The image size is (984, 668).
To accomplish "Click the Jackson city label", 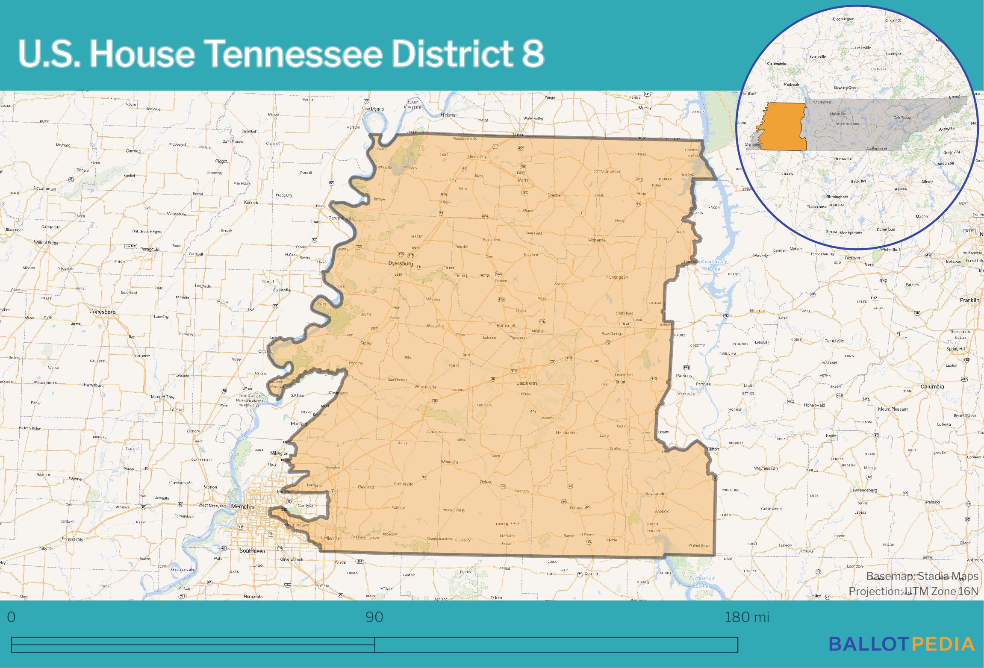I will tap(527, 383).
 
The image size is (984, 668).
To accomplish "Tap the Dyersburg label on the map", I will tap(401, 263).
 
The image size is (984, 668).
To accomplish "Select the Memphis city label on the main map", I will tap(242, 506).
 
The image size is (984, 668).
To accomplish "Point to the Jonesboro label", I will tap(103, 312).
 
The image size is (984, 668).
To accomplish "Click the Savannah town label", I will tap(654, 494).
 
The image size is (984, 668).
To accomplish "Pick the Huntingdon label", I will tap(617, 277).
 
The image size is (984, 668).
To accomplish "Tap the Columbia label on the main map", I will tap(932, 386).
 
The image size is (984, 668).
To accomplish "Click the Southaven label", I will tap(252, 551).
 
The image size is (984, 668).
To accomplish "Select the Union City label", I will tap(477, 157).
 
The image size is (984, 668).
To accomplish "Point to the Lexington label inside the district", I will tap(623, 375).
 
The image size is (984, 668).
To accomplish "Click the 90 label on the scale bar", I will tap(374, 617).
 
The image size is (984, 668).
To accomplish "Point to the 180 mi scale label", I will tap(747, 617).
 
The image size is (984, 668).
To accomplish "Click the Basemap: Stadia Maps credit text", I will tap(922, 576).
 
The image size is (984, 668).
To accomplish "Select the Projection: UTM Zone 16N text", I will tap(913, 591).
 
